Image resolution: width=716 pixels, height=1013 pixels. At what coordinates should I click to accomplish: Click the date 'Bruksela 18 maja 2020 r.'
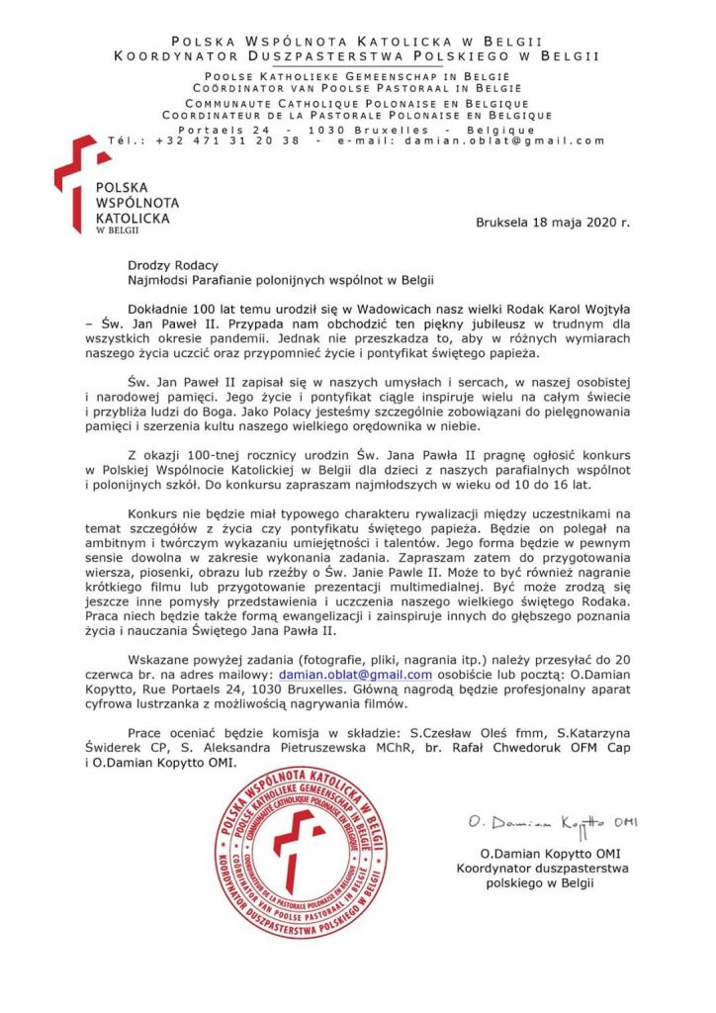click(x=552, y=223)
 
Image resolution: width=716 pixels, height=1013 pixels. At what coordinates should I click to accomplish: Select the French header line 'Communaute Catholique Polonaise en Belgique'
click(x=357, y=103)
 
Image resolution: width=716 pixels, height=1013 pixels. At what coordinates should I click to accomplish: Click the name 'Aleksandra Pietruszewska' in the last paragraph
click(x=350, y=749)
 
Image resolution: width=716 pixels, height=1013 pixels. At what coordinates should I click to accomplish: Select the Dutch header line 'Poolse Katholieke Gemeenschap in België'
click(x=357, y=76)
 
